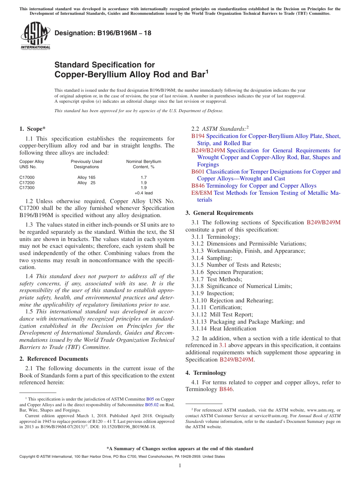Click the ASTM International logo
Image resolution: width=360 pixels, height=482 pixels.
(x=35, y=36)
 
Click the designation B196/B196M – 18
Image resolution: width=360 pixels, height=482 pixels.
(x=103, y=33)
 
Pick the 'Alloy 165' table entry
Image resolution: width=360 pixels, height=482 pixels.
(x=86, y=177)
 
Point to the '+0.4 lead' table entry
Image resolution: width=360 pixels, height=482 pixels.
(x=144, y=193)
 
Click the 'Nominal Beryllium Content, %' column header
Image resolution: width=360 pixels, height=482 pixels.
(x=144, y=164)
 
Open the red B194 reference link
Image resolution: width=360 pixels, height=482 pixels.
(x=198, y=136)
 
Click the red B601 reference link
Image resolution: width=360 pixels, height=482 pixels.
(x=198, y=172)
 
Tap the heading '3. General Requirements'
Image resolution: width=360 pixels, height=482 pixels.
(x=219, y=213)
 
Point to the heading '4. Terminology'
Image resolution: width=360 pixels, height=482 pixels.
(x=206, y=373)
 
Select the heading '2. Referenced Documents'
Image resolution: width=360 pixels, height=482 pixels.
(x=53, y=359)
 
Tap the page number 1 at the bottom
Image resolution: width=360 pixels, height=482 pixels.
(x=180, y=466)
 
